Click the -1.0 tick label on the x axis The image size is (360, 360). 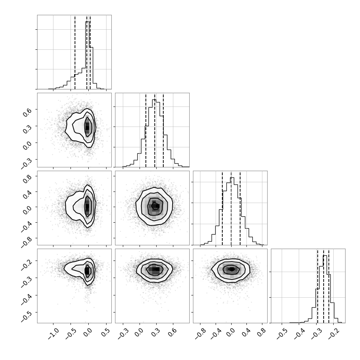pyautogui.click(x=53, y=333)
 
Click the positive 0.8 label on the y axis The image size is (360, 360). pyautogui.click(x=27, y=179)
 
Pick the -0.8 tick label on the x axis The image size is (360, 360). pyautogui.click(x=200, y=333)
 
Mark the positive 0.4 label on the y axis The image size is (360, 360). pyautogui.click(x=27, y=194)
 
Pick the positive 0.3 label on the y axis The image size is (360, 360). pyautogui.click(x=27, y=129)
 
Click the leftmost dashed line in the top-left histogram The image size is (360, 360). pyautogui.click(x=75, y=52)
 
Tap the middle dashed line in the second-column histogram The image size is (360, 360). pyautogui.click(x=155, y=130)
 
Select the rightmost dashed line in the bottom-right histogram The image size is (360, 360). pyautogui.click(x=329, y=286)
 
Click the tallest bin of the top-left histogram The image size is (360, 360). pyautogui.click(x=87, y=55)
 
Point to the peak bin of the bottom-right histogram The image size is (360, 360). pyautogui.click(x=325, y=289)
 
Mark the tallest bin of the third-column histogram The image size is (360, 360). pyautogui.click(x=232, y=211)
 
